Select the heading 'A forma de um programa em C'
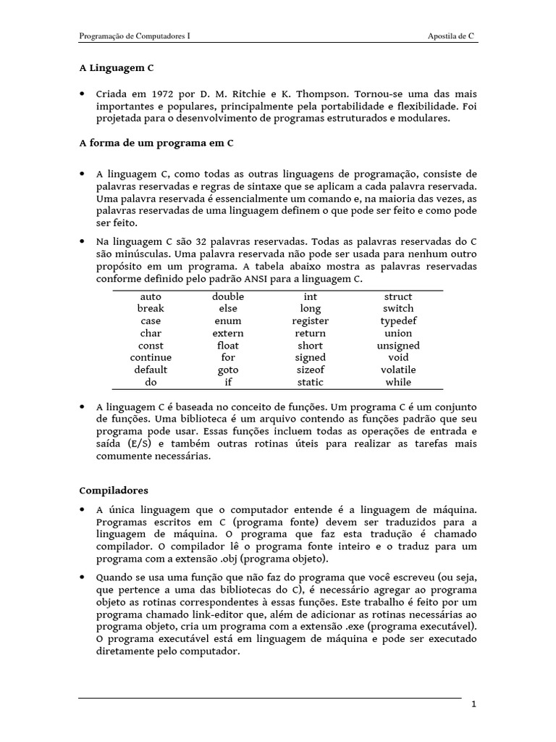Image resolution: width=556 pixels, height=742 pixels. [x=156, y=143]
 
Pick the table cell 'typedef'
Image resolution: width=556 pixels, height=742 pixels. [x=398, y=321]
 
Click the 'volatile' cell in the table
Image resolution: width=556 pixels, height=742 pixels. [x=398, y=370]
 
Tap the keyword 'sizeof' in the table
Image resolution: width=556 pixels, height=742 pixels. [x=311, y=370]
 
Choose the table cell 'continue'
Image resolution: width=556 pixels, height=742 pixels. [x=151, y=357]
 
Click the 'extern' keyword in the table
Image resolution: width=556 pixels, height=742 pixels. [x=228, y=333]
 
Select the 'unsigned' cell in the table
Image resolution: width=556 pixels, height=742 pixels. [x=398, y=346]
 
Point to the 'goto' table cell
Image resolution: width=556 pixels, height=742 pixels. [x=228, y=370]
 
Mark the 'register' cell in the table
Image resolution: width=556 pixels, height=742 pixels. [x=311, y=321]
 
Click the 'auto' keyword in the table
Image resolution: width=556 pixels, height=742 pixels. [x=151, y=296]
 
